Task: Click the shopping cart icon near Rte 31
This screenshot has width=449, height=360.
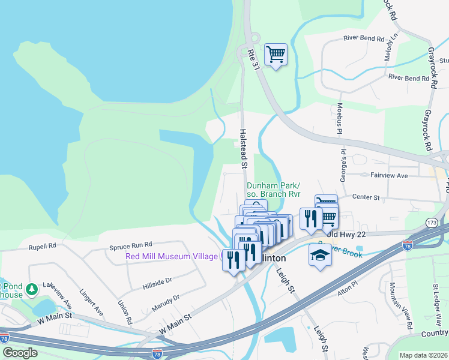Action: pyautogui.click(x=276, y=55)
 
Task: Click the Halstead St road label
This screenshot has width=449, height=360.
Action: pyautogui.click(x=244, y=148)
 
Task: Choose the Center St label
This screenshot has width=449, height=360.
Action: pyautogui.click(x=366, y=197)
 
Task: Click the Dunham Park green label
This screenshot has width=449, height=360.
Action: pyautogui.click(x=273, y=189)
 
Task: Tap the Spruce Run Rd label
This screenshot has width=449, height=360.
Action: pyautogui.click(x=131, y=245)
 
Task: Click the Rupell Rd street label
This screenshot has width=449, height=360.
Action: pyautogui.click(x=42, y=246)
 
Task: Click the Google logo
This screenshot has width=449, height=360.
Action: pyautogui.click(x=20, y=353)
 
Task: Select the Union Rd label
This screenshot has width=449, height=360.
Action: pyautogui.click(x=125, y=313)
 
